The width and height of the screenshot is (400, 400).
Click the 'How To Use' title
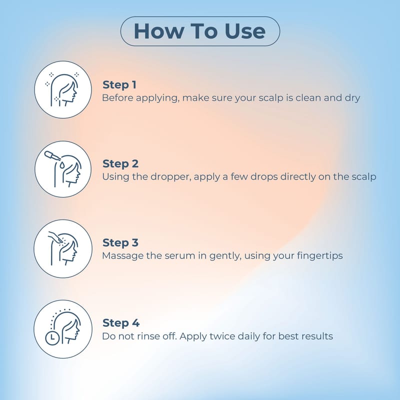coord(199,31)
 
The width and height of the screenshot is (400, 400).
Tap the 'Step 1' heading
coord(119,85)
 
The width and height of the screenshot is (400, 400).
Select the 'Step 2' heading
coord(120,164)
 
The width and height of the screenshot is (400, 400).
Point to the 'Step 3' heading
coord(120,242)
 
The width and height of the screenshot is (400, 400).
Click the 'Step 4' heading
coord(121,323)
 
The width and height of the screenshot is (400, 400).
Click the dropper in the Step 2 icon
coord(52,156)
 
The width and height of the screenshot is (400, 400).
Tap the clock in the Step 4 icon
coord(52,338)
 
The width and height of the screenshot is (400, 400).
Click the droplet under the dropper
coord(61,165)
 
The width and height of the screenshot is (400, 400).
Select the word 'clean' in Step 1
coord(308,97)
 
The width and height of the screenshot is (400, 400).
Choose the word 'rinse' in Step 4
coord(148,336)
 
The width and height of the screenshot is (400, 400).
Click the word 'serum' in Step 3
coord(180,256)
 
